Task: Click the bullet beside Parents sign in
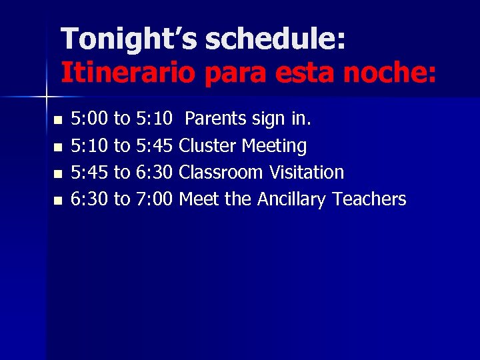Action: click(x=57, y=120)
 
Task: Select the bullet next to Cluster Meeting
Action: click(x=57, y=147)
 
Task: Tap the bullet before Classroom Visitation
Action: click(x=57, y=173)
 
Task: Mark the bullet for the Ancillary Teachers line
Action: click(x=57, y=200)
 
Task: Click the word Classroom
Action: click(x=221, y=173)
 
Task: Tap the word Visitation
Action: click(x=306, y=173)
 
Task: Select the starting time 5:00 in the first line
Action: click(x=90, y=119)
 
